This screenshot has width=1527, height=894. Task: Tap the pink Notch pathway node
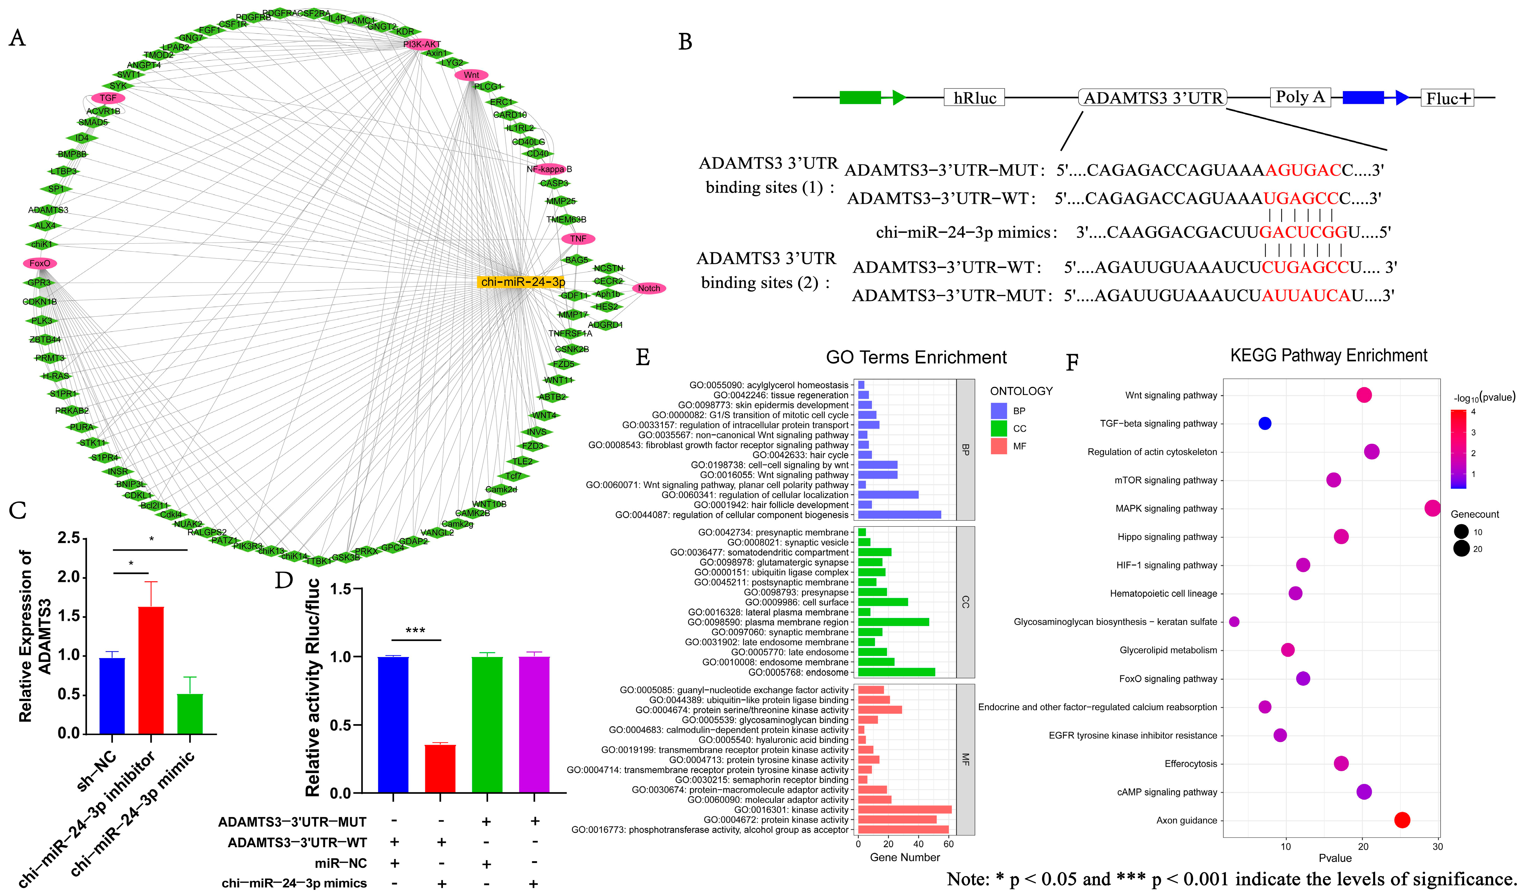coord(648,288)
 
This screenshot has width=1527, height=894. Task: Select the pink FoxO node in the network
coord(40,263)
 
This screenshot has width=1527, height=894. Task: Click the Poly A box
coord(1300,97)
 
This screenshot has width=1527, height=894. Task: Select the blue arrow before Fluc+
coord(1376,98)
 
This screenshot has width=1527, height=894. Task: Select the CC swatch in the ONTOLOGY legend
coord(999,428)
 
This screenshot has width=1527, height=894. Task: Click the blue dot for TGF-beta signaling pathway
coord(1264,423)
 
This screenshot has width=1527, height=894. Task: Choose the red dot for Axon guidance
coord(1402,820)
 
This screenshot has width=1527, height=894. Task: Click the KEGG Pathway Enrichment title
coord(1328,355)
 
